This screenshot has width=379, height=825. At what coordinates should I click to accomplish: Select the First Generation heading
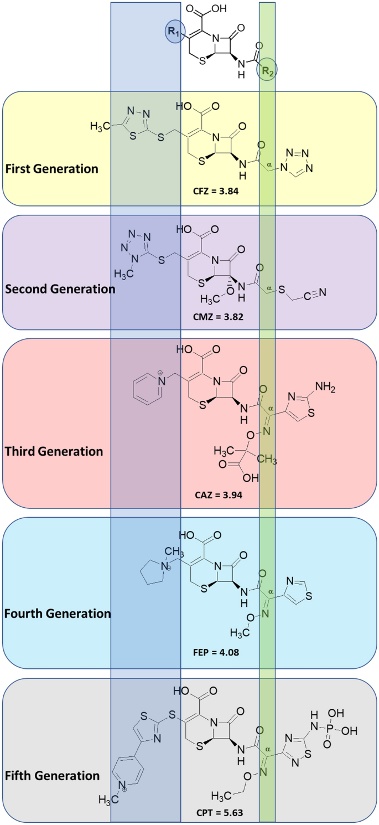51,168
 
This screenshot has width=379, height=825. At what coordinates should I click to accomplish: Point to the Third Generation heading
54,451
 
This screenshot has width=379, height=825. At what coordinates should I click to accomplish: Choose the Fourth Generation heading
58,613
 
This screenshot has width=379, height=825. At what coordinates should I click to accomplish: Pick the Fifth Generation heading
52,775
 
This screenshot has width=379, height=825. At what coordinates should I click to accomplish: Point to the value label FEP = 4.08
220,651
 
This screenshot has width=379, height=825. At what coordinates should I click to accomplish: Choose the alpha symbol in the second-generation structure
269,288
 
